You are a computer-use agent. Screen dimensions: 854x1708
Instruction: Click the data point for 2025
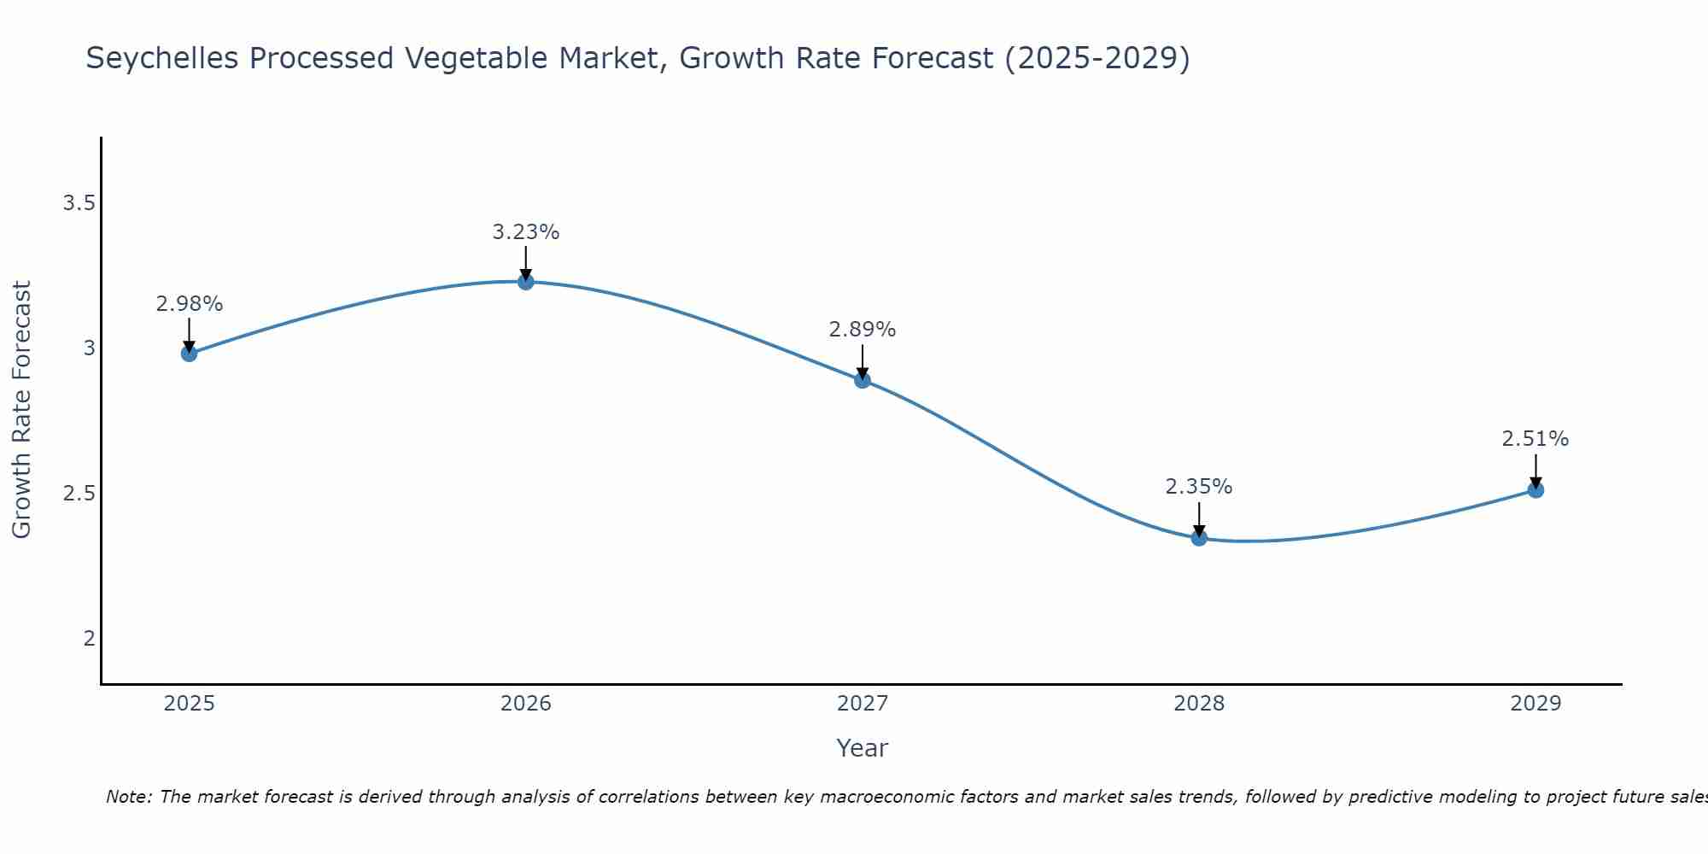pos(190,354)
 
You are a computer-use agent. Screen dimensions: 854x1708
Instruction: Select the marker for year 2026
pos(526,282)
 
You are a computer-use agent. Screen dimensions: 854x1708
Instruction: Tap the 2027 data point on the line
pos(863,380)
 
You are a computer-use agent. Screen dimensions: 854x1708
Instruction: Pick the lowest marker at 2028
pos(1199,538)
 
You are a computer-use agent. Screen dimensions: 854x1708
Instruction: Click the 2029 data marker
pos(1535,490)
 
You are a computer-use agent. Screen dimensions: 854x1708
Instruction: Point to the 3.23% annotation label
pos(526,232)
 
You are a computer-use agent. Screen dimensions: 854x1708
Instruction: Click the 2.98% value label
pos(190,304)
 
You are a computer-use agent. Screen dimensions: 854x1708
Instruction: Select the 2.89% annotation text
pos(863,330)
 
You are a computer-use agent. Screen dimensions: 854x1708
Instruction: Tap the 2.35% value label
pos(1199,487)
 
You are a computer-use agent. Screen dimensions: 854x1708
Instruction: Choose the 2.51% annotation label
pos(1535,439)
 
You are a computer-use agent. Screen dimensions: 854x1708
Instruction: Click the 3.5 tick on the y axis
pos(79,203)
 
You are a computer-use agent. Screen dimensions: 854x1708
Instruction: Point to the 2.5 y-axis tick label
pos(79,494)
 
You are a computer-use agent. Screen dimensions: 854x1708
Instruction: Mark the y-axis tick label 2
pos(89,639)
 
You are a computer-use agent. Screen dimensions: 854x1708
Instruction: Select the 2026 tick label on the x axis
pos(526,704)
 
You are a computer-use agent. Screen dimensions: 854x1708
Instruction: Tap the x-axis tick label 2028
pos(1199,704)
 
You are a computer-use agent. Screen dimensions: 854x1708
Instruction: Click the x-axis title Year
pos(863,748)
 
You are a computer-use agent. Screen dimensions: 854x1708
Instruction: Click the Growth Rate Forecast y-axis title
pos(21,410)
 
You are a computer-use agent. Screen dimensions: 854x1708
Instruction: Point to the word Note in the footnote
pos(128,797)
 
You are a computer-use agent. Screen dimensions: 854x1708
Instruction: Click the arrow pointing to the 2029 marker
pos(1535,470)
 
